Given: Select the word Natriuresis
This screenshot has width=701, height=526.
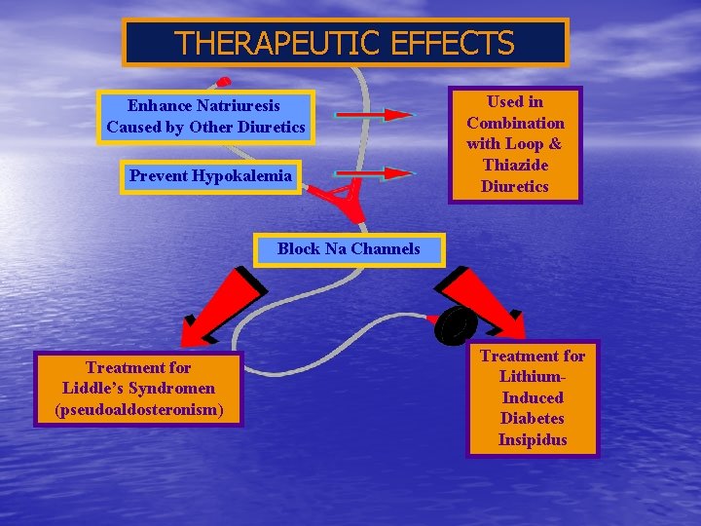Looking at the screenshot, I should click(239, 105).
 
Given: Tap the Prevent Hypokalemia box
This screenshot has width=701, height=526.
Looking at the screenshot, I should click(210, 176).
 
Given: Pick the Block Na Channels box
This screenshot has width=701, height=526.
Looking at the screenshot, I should click(349, 248).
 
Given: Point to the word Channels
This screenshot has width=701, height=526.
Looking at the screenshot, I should click(386, 248).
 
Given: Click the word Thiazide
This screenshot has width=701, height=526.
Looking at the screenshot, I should click(515, 166).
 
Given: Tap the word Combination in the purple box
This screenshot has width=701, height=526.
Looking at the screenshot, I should click(515, 123).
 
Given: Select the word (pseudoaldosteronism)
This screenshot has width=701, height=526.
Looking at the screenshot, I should click(138, 410).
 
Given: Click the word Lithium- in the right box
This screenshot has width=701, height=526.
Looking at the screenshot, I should click(533, 377).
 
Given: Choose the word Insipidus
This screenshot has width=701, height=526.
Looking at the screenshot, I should click(533, 440).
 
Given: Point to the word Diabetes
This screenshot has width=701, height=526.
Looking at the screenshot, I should click(533, 419).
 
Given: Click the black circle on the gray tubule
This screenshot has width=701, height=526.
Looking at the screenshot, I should click(457, 325).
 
